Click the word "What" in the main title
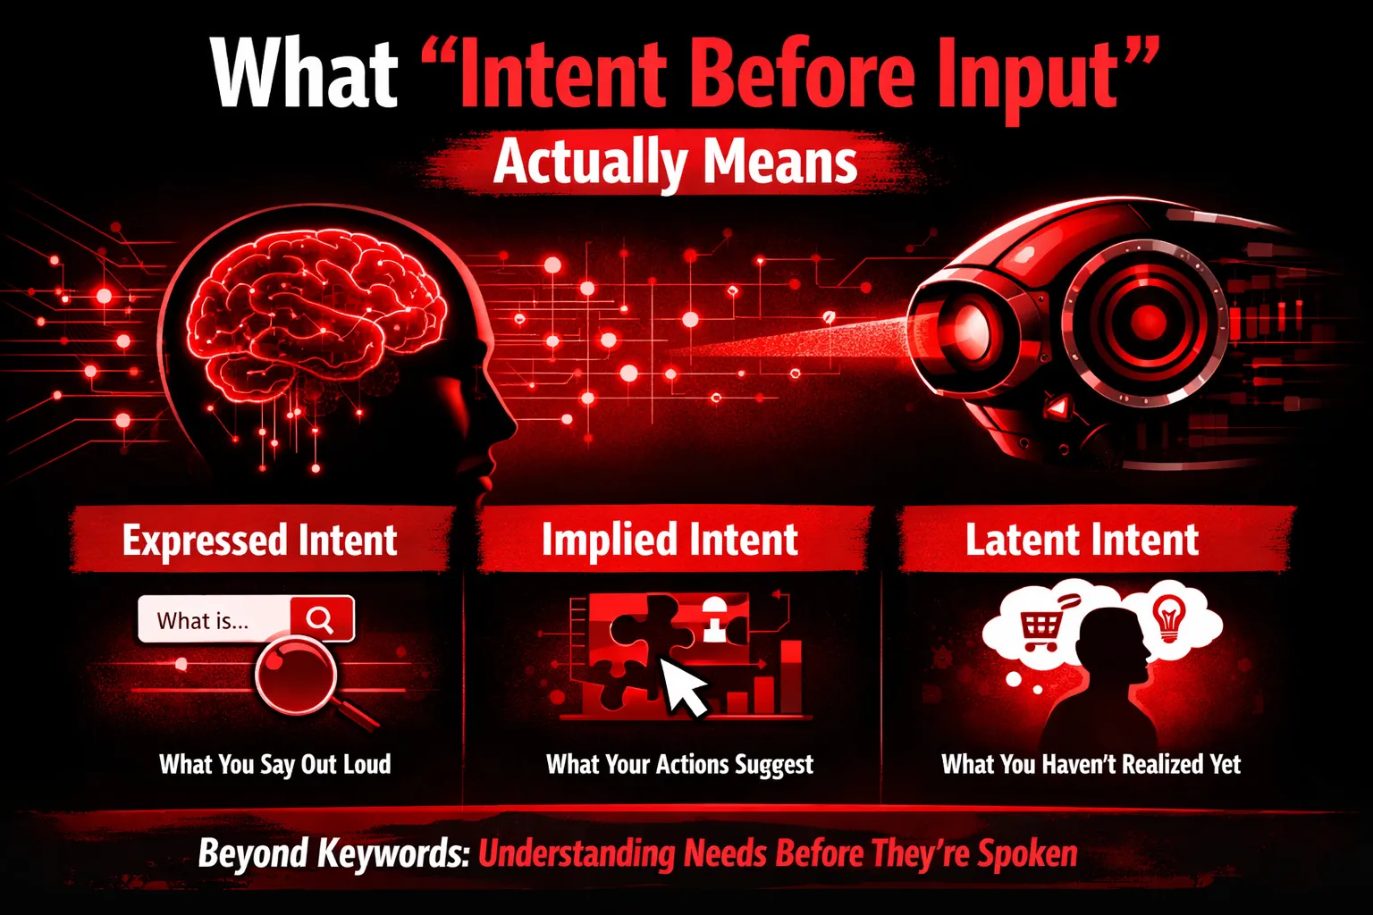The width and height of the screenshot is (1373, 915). [305, 73]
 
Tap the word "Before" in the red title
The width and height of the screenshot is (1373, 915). [804, 73]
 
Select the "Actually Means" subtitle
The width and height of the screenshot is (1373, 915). [675, 162]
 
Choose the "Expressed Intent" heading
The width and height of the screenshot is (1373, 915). [260, 541]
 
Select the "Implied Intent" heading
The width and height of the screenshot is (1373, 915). [670, 540]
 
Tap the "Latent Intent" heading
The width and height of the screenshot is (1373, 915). [1082, 540]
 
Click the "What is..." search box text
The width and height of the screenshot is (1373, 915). [202, 621]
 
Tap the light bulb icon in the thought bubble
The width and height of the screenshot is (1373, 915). [1169, 619]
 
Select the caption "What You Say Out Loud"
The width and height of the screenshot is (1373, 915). [275, 764]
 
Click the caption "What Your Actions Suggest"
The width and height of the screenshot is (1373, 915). [679, 764]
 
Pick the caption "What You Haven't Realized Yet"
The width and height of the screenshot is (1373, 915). [1091, 764]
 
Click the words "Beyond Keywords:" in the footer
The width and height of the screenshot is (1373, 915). [334, 853]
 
